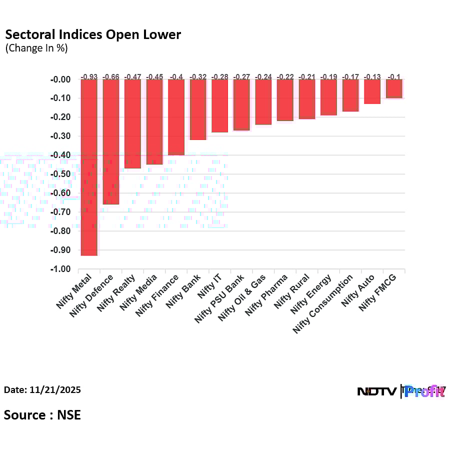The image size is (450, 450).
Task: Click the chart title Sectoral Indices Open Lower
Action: (93, 34)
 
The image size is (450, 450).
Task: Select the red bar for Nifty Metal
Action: (89, 167)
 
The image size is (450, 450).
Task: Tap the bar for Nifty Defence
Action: (110, 142)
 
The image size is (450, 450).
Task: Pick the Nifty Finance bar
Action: (176, 117)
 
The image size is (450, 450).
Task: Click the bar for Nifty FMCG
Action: (394, 88)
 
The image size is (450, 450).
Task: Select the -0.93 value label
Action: (89, 76)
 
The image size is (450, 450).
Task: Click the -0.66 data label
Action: (110, 76)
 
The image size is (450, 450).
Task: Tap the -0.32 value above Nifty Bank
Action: (198, 76)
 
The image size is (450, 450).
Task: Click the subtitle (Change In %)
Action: (36, 48)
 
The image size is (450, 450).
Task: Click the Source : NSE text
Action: (42, 414)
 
